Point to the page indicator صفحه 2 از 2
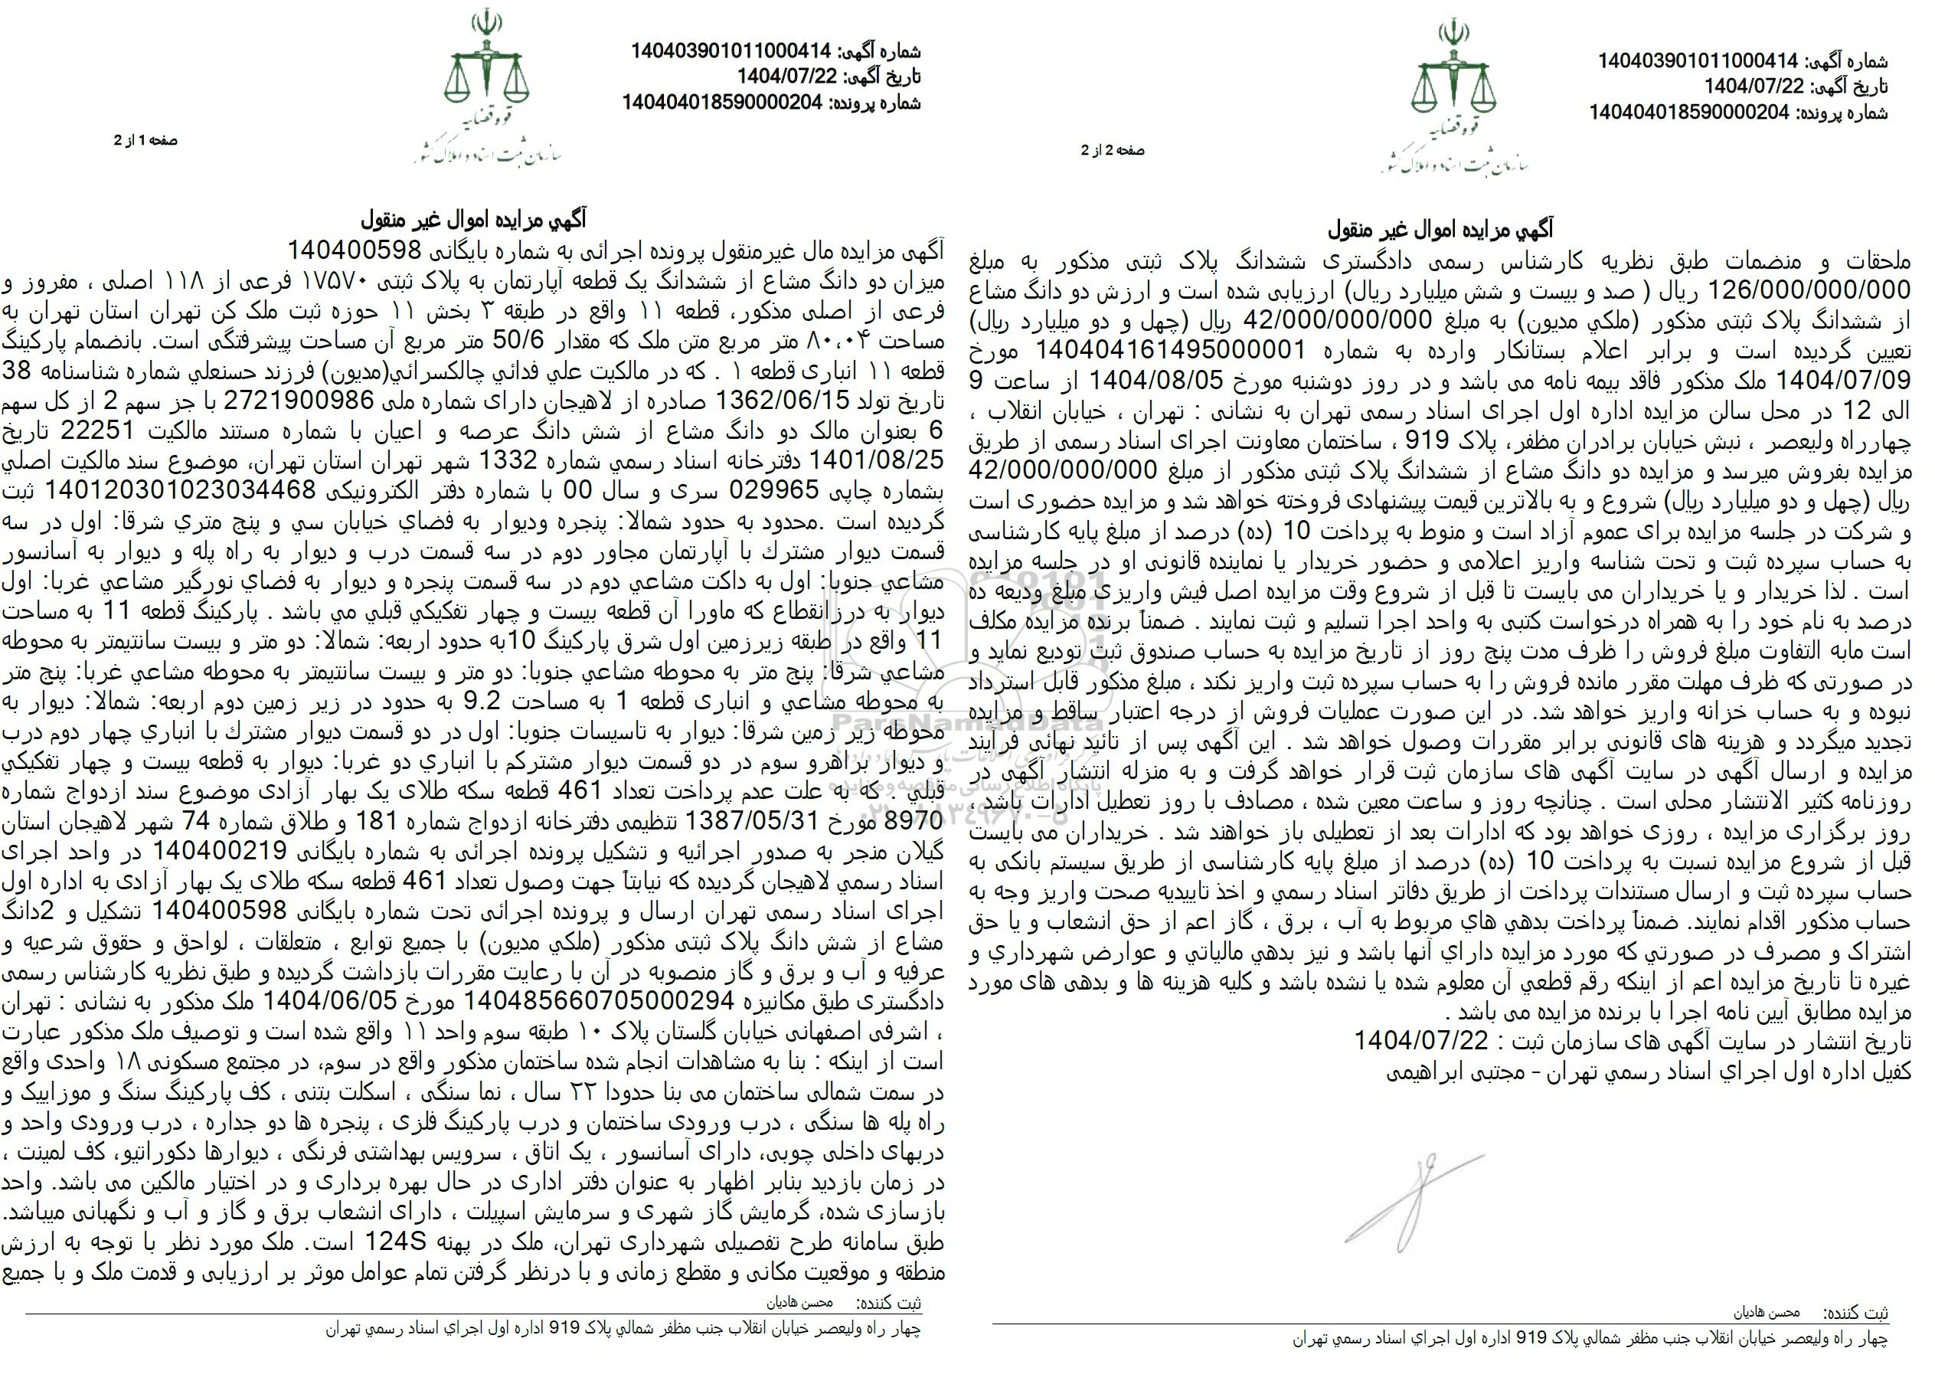coord(1113,150)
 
